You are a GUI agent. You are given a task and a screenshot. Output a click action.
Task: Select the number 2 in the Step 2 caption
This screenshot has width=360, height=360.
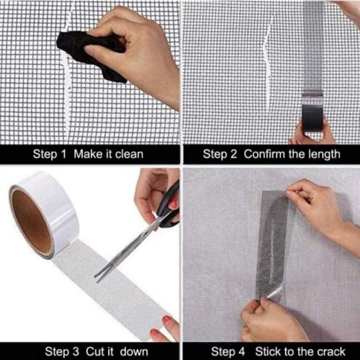click(233, 154)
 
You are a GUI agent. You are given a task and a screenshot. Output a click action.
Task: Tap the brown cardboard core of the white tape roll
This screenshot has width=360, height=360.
click(31, 222)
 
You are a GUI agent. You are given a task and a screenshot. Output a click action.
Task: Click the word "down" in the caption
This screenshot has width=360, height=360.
click(134, 352)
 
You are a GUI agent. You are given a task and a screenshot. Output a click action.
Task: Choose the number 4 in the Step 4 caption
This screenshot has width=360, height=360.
click(241, 352)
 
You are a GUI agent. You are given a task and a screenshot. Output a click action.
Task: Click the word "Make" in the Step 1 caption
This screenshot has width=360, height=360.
click(88, 154)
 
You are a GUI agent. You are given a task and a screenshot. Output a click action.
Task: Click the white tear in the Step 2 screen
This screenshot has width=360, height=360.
click(268, 65)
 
